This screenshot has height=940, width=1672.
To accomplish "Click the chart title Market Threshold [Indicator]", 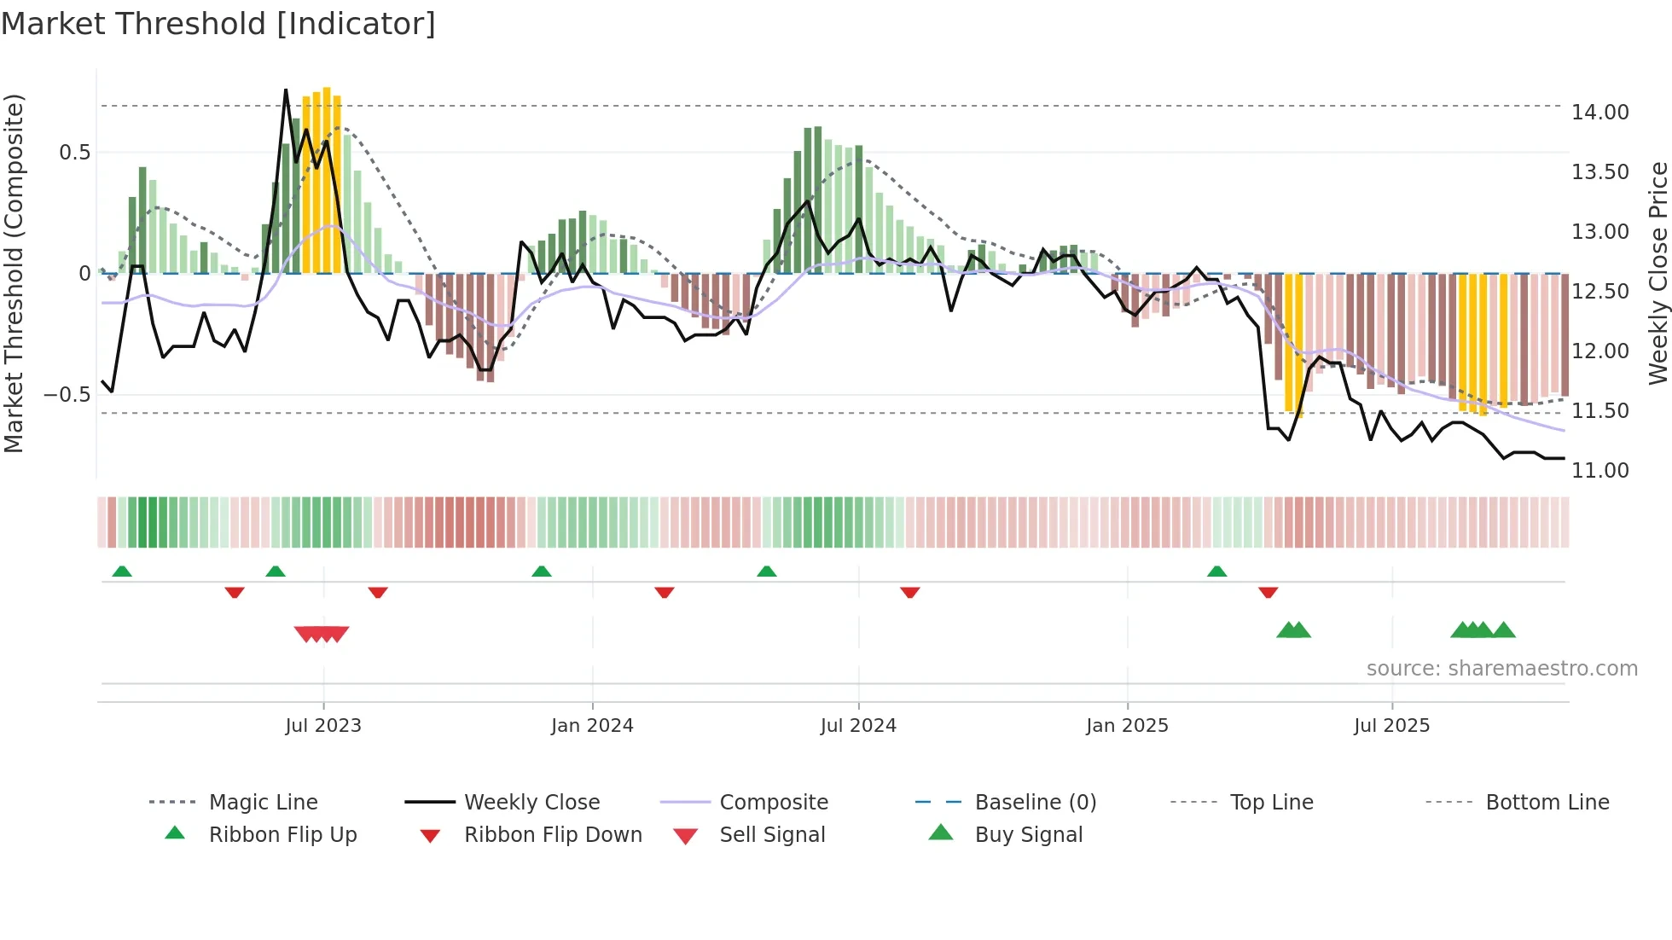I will (218, 24).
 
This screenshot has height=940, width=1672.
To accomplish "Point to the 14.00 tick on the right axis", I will (1599, 113).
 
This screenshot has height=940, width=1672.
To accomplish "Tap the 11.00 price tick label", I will (1599, 471).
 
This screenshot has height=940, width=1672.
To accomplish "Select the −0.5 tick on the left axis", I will (67, 395).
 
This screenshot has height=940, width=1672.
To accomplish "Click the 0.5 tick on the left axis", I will (74, 153).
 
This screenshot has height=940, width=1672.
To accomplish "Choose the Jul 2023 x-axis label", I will (323, 726).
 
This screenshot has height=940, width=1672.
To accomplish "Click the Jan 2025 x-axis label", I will (1127, 726).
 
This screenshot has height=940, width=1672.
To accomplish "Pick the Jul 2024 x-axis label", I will (858, 726).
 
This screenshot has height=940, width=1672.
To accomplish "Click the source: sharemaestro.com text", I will (1501, 669).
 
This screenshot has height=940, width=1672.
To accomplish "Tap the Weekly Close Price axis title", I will (1657, 273).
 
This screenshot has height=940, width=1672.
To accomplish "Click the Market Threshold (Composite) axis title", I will (14, 273).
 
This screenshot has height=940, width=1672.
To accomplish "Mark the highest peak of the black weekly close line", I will (286, 90).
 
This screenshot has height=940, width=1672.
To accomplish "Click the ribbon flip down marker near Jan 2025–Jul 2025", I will (1268, 592).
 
